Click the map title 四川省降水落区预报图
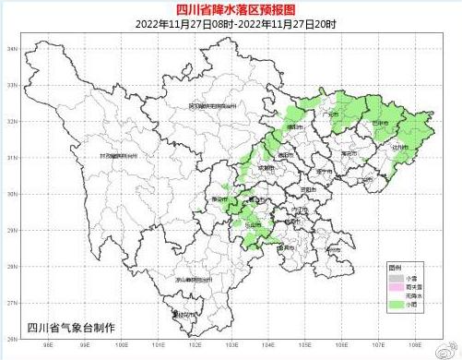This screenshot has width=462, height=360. pos(231,9)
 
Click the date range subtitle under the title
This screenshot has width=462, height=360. pos(231,24)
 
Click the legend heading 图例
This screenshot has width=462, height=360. pos(395,268)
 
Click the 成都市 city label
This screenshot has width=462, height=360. pos(267,168)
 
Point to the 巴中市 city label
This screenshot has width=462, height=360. pos(380,122)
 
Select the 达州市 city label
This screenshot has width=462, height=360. pos(398,146)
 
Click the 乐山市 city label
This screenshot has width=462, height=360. pos(251,223)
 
